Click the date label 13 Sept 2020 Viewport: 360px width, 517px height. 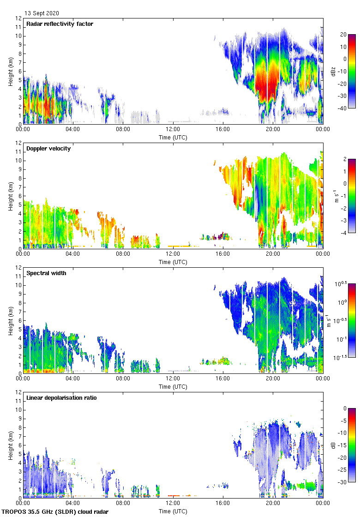point(42,13)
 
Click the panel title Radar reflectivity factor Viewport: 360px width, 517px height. point(60,24)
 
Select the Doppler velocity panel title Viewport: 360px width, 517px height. point(48,148)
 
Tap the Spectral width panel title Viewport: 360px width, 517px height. point(46,273)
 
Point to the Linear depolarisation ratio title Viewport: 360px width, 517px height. point(61,397)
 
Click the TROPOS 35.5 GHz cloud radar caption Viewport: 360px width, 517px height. point(55,512)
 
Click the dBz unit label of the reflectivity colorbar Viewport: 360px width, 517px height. point(333,71)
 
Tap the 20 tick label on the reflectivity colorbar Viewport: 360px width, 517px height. point(343,35)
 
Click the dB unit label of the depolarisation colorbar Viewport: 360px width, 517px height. point(333,445)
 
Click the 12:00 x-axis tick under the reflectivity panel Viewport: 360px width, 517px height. point(173,130)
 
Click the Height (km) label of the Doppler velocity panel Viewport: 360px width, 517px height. point(10,196)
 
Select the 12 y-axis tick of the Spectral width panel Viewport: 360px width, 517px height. point(18,268)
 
